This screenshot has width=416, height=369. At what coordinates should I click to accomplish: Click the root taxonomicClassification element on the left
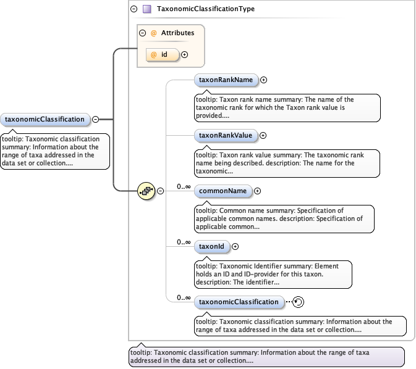click(45, 119)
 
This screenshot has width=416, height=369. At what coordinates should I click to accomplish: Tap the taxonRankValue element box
click(226, 135)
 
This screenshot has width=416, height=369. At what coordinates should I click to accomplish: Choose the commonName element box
click(223, 191)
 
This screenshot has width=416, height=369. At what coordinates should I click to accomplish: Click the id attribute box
click(163, 55)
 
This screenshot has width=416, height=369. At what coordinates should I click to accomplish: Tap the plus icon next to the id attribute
click(184, 55)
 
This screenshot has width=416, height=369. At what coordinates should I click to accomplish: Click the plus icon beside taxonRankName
click(264, 80)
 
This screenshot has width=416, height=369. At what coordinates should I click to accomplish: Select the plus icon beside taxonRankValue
click(263, 135)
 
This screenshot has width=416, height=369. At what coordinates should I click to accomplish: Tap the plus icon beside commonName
click(258, 191)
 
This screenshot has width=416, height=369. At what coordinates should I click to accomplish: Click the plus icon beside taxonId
click(235, 247)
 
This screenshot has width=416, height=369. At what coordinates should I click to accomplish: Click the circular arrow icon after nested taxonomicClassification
click(298, 302)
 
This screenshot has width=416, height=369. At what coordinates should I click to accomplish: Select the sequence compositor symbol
click(146, 191)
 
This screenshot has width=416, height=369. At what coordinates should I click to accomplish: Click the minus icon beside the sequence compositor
click(160, 191)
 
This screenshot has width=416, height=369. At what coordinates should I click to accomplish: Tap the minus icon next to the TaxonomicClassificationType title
click(134, 9)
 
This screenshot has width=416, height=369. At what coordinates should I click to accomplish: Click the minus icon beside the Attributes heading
click(143, 33)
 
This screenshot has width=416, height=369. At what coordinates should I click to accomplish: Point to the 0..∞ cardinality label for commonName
click(184, 186)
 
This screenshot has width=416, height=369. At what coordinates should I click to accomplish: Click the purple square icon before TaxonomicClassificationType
click(146, 9)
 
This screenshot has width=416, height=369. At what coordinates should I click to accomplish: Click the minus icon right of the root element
click(96, 119)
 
